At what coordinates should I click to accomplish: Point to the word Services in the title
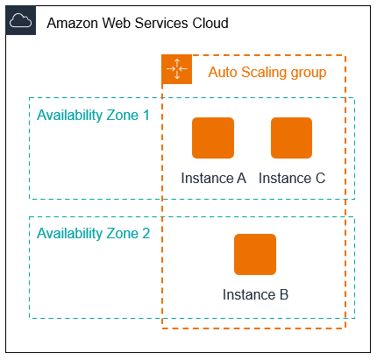coord(164,23)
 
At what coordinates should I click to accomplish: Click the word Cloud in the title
coord(210,23)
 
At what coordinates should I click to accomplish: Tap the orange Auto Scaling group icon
coord(176,70)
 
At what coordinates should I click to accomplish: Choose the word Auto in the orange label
coord(223,72)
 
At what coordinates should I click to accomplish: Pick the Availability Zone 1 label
coord(93,115)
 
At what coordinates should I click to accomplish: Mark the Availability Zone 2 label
coord(93,234)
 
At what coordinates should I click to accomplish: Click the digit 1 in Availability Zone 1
coord(146,115)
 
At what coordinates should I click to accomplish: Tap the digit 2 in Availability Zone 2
coord(146,234)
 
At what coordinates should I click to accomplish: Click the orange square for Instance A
coord(213,138)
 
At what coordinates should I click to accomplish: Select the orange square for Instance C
coord(292,138)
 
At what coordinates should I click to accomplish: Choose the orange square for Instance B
coord(255,255)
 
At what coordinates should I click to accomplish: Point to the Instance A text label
coord(213,178)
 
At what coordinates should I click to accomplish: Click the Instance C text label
coord(292,178)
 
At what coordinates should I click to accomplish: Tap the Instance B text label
coord(255,294)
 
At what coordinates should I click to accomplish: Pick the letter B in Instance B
coord(283,294)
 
